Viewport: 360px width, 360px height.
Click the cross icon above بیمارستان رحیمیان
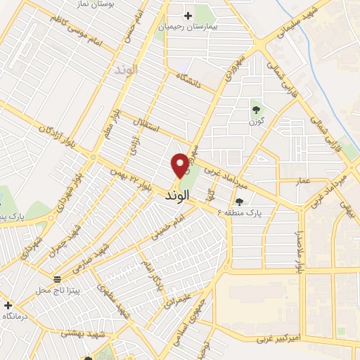point(188,15)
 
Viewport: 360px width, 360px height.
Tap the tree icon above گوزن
point(255,109)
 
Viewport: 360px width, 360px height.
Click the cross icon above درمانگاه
point(8,306)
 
